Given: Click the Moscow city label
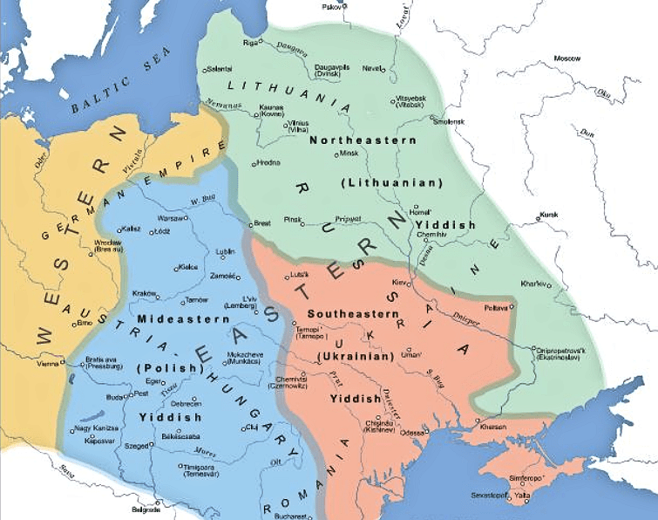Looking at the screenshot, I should (566, 58).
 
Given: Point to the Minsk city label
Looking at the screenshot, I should (349, 153).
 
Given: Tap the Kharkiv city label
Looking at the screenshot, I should (533, 284).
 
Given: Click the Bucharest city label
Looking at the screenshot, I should (302, 516).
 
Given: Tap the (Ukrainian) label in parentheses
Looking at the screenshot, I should (354, 357).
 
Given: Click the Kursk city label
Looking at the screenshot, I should (548, 214).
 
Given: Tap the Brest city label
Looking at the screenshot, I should (262, 223).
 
